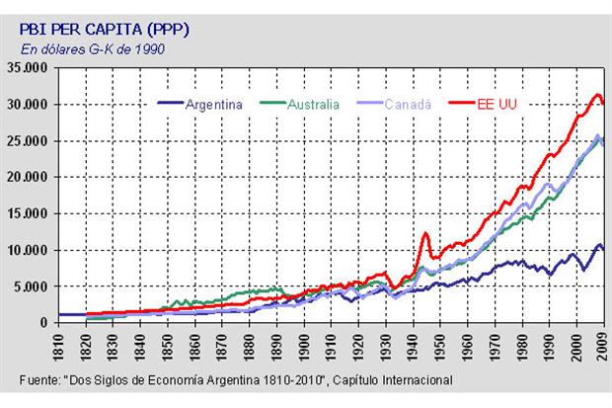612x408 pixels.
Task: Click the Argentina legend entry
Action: (x=215, y=103)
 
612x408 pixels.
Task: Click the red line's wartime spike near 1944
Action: (x=424, y=234)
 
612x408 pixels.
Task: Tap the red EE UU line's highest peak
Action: (x=597, y=95)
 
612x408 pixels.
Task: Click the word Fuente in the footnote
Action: (x=40, y=380)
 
